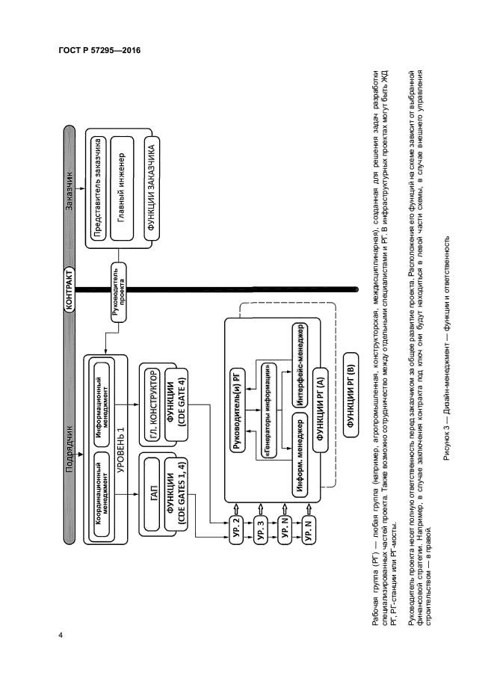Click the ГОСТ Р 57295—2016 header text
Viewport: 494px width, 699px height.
pos(99,50)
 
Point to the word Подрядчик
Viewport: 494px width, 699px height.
pos(70,446)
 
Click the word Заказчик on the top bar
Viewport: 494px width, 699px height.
pos(70,198)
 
